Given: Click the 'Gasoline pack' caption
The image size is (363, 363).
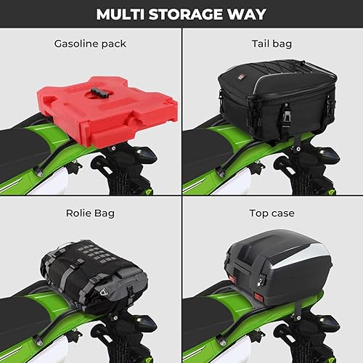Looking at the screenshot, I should [90, 44].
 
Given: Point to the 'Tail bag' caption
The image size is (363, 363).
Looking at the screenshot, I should [272, 44].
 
